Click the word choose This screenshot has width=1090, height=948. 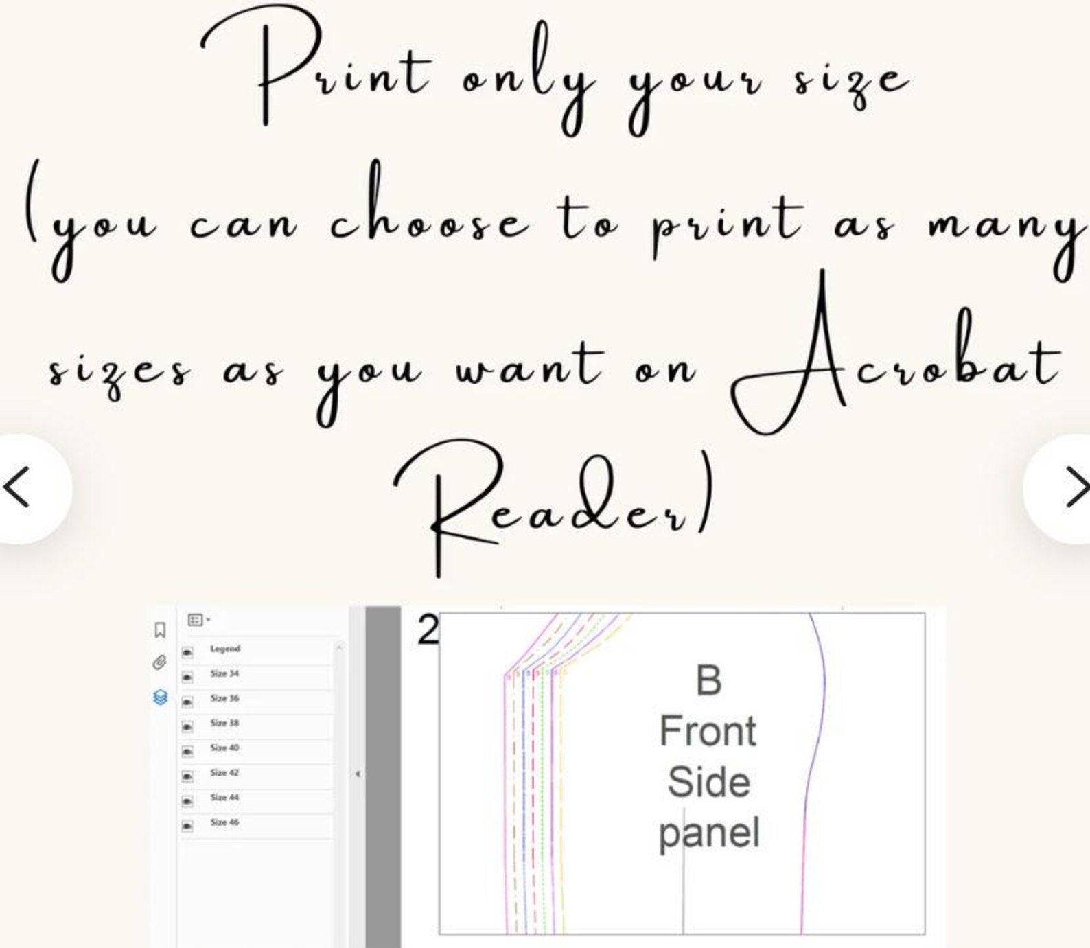click(x=430, y=206)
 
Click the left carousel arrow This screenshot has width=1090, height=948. click(x=16, y=488)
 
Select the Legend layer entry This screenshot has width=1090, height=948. click(x=225, y=649)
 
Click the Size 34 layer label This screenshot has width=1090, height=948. click(x=224, y=673)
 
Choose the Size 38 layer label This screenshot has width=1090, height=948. click(x=224, y=723)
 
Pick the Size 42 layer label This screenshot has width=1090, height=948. click(x=224, y=772)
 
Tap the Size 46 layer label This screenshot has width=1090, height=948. click(x=224, y=822)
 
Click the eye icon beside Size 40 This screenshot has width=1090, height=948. click(x=187, y=752)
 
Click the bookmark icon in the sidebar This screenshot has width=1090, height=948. click(x=160, y=630)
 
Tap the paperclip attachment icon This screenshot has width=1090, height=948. click(x=159, y=662)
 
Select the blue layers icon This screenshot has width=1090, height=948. click(x=161, y=697)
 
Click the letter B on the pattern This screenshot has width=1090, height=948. click(x=709, y=680)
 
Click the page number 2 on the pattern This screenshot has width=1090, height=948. click(x=428, y=630)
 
